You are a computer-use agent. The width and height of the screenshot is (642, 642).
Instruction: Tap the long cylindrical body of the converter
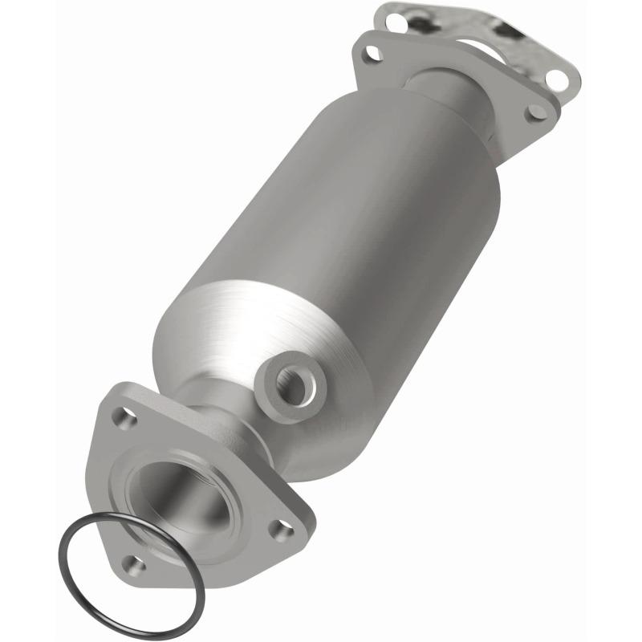coord(337,241)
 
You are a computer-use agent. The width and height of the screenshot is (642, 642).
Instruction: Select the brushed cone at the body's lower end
coord(241,337)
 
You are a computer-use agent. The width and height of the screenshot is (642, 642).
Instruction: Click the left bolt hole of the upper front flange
coord(370,54)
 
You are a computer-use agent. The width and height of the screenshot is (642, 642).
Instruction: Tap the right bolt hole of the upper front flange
coord(534,112)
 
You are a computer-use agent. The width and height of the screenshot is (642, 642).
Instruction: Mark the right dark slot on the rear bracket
coord(505,31)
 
